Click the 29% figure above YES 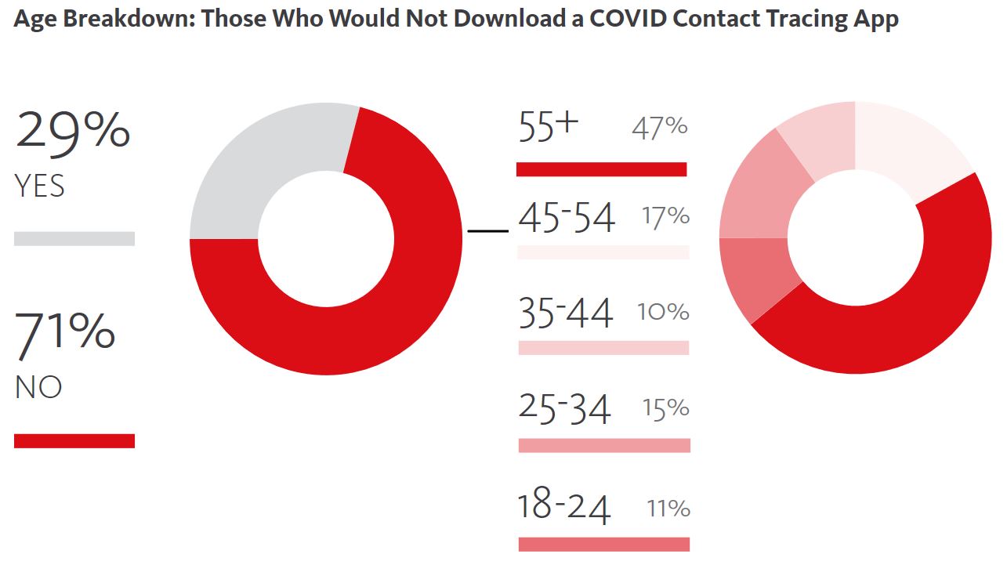[72, 130]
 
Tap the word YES [39, 187]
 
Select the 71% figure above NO [65, 331]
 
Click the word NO [38, 388]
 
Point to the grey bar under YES [74, 238]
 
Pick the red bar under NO [74, 440]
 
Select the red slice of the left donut [376, 313]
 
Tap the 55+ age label [549, 127]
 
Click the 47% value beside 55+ [660, 128]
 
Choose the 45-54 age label [567, 218]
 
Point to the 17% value [665, 215]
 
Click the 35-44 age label [565, 313]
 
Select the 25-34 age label [564, 408]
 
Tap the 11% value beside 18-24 [668, 509]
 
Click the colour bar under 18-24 [603, 544]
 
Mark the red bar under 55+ [601, 169]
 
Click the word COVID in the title [632, 19]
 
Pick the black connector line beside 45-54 [487, 231]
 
